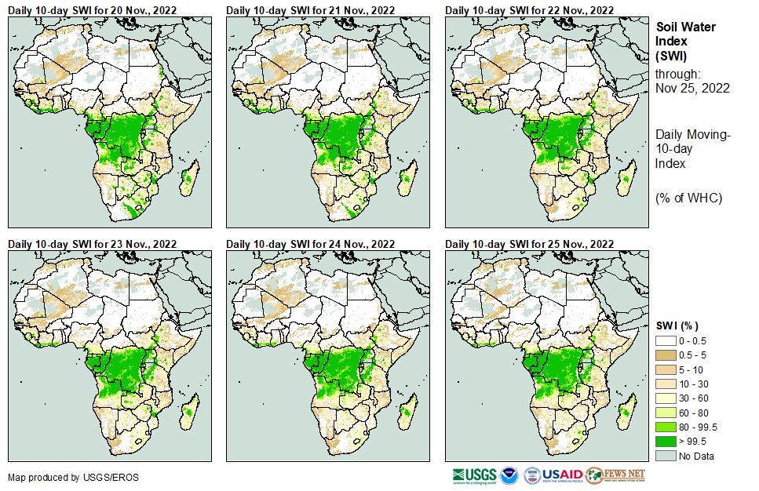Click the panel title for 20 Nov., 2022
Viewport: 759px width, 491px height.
(92, 10)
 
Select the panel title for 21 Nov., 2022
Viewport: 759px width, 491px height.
(310, 10)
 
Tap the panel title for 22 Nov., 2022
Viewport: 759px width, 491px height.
(529, 10)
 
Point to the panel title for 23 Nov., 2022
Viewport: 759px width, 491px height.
(92, 244)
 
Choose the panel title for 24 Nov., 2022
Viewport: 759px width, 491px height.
(310, 244)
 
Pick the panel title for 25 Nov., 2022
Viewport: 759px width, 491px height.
(529, 244)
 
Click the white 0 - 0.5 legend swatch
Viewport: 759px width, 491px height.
(666, 341)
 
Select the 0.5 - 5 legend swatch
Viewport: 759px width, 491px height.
(666, 355)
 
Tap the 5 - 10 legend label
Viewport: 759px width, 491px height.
(692, 369)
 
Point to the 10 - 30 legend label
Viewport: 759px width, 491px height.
(695, 384)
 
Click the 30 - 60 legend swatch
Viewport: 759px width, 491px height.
(666, 398)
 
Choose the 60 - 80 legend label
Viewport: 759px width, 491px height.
(695, 413)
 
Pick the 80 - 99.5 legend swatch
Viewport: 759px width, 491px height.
(666, 427)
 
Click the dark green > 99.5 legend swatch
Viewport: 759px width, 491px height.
(666, 442)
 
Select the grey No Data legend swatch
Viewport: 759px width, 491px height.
(666, 456)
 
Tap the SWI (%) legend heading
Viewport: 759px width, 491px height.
(677, 326)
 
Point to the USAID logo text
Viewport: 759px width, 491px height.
(562, 475)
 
